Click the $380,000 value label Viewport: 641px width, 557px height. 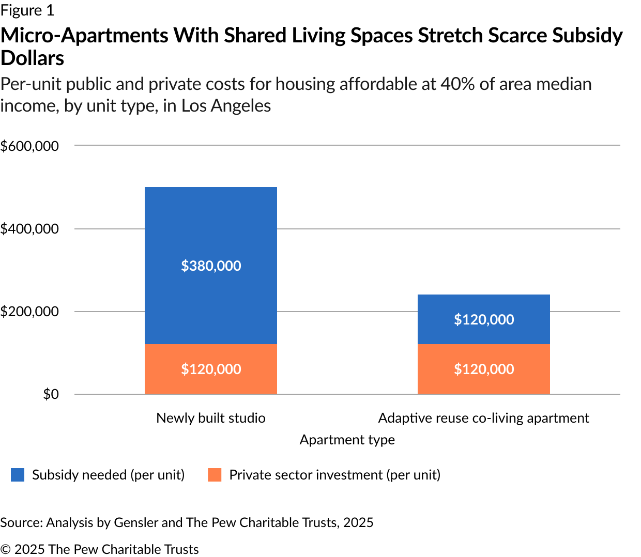[211, 266]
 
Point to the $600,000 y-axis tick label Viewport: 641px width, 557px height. [29, 146]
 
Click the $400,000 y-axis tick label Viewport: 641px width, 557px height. [29, 229]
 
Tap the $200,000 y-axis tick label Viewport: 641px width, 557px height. [29, 312]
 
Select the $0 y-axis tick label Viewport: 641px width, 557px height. [51, 394]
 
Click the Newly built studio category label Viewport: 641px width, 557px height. [211, 418]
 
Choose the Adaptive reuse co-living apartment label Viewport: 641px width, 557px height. [483, 418]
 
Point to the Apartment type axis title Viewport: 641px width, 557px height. [347, 440]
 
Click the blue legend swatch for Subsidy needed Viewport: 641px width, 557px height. [18, 475]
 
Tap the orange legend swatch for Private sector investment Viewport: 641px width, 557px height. [215, 475]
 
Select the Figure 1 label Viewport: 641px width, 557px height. [27, 10]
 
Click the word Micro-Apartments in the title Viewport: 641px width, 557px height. [85, 36]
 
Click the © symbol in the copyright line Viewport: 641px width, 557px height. [5, 549]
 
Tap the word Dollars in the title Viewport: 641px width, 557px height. [32, 58]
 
